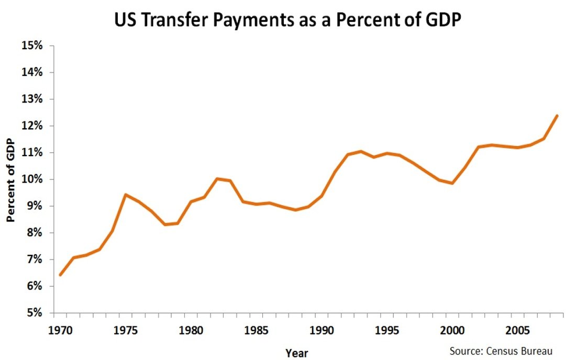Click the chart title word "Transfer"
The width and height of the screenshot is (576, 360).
point(175,20)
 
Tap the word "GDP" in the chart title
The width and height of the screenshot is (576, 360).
point(443,20)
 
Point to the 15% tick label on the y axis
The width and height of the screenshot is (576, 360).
point(32,46)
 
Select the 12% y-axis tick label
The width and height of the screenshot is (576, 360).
point(32,126)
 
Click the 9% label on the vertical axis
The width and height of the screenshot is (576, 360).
point(35,206)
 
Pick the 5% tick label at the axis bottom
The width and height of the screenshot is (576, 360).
point(35,313)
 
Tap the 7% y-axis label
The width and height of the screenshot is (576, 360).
point(35,260)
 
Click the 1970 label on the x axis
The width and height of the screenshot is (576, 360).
point(60,330)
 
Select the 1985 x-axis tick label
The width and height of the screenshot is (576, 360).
point(257,330)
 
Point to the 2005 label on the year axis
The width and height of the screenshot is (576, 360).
point(517,330)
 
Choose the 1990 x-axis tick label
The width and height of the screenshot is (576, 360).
point(322,330)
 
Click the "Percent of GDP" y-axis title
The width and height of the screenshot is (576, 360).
point(10,180)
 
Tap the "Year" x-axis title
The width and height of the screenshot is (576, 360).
point(297,353)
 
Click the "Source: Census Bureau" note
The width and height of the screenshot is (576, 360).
point(501,351)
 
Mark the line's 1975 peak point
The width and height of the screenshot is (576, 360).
point(126,195)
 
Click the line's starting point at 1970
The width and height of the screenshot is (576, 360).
point(60,275)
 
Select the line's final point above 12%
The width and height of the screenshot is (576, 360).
point(557,116)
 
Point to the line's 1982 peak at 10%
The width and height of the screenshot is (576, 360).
point(217,179)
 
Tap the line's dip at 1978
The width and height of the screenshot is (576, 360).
point(165,224)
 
